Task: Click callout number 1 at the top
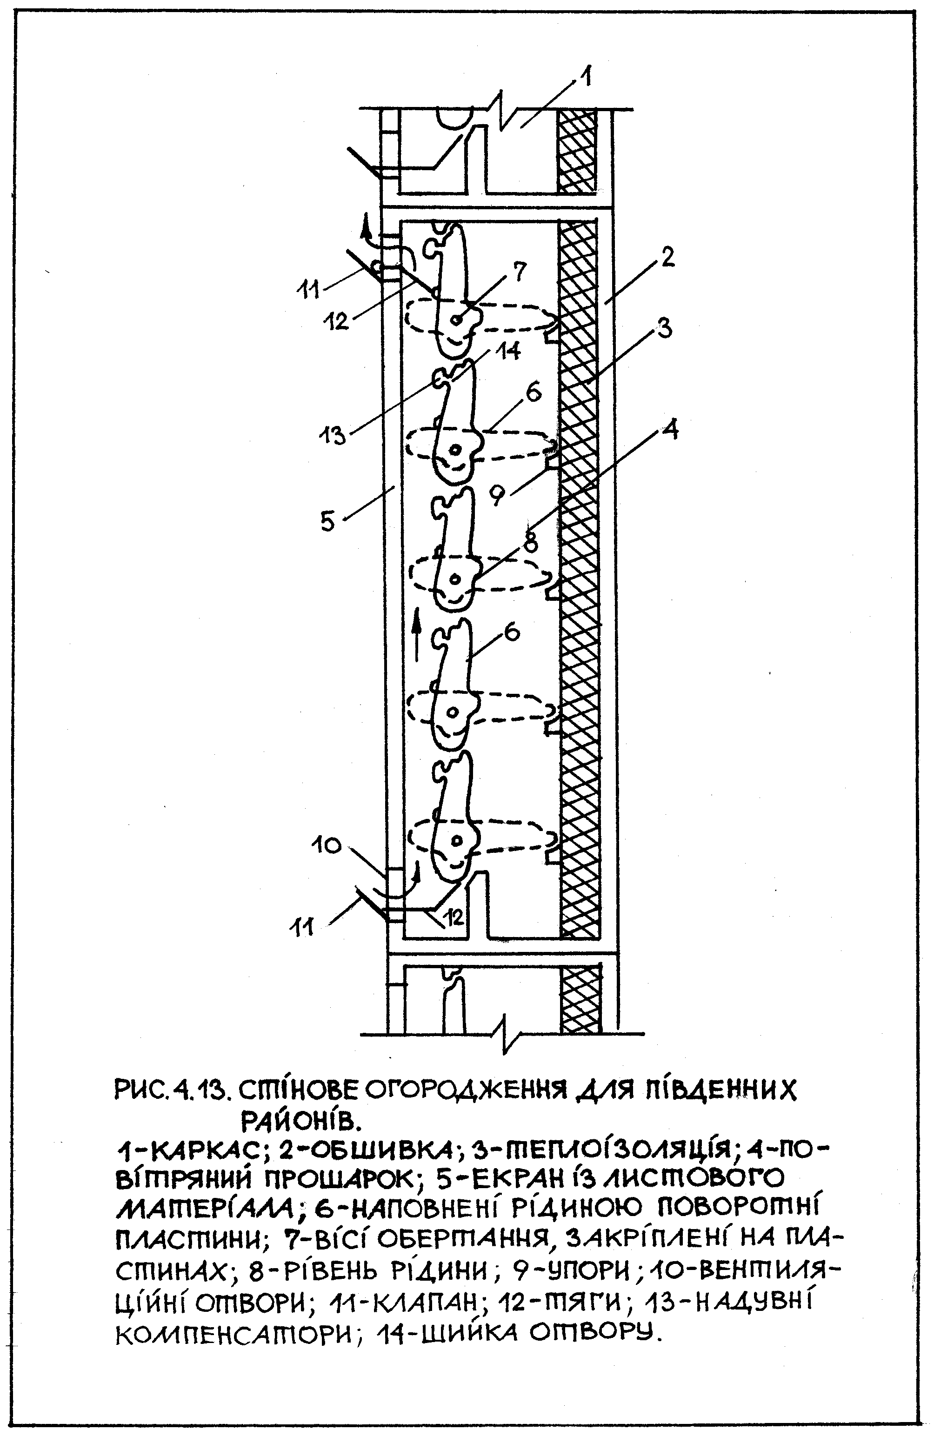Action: (x=585, y=77)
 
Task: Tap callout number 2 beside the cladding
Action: (x=666, y=258)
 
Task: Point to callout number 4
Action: (x=671, y=430)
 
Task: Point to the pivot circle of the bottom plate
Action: (x=457, y=840)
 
